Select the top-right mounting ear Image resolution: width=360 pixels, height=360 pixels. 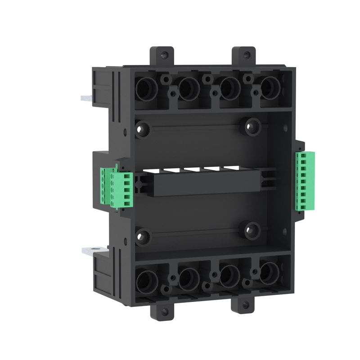tap(243, 56)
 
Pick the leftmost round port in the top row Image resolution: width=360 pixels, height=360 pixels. tap(146, 88)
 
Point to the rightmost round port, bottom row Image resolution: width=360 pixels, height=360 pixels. tap(269, 272)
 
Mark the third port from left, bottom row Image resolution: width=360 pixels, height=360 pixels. tap(229, 274)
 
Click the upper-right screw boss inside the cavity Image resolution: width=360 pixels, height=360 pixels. tap(253, 126)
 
